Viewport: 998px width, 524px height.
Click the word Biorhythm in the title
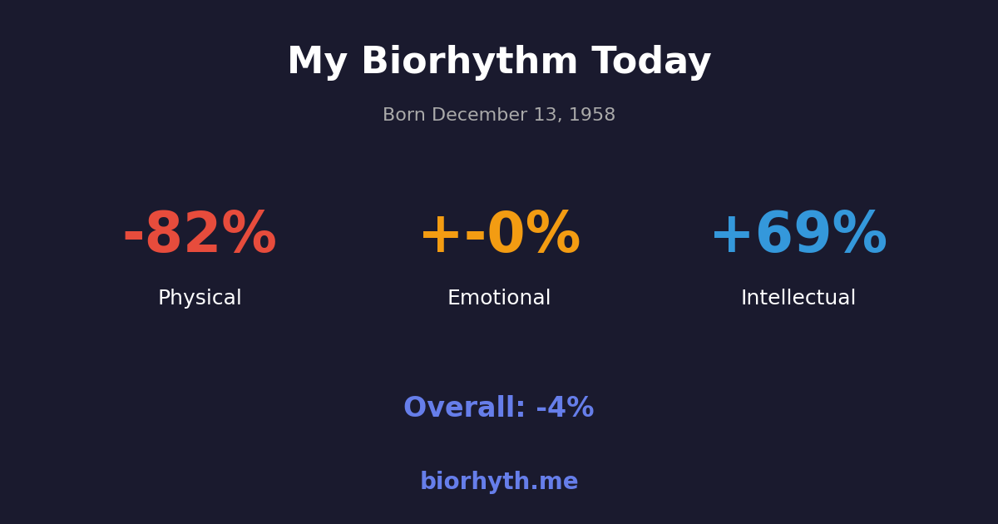point(469,62)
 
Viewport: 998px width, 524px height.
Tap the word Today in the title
point(651,62)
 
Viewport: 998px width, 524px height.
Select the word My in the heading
point(316,62)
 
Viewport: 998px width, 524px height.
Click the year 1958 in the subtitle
point(592,116)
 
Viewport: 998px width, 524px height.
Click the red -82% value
point(200,235)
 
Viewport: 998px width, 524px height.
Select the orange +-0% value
point(499,235)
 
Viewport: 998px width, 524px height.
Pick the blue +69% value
point(798,235)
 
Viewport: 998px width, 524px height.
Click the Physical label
point(200,299)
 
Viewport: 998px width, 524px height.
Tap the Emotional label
point(499,299)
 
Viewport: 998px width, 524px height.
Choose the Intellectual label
point(798,299)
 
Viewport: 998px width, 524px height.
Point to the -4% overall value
point(565,408)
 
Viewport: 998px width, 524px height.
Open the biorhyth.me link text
point(499,482)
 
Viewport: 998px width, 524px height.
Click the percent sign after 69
point(859,235)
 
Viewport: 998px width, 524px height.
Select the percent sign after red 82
point(249,235)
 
